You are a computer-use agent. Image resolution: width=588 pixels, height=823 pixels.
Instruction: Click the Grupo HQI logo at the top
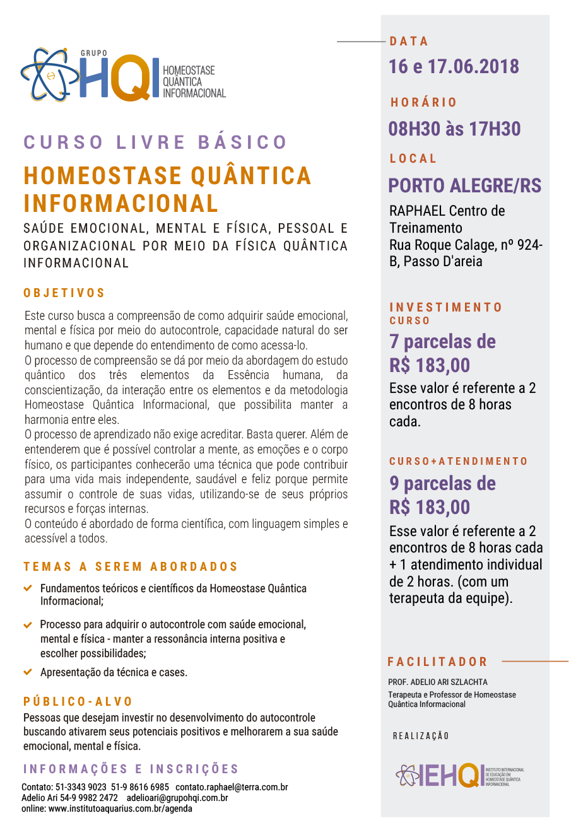coord(123,75)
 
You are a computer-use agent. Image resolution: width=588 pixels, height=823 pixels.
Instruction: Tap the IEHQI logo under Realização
coord(459,775)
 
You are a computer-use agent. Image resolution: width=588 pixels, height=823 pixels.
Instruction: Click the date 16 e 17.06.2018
coord(454,66)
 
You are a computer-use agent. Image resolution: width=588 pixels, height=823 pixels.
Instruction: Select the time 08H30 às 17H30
coord(454,129)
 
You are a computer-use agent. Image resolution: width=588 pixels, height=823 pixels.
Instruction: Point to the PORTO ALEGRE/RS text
coord(465,185)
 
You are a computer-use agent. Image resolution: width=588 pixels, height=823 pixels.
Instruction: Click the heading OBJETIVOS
coord(64,293)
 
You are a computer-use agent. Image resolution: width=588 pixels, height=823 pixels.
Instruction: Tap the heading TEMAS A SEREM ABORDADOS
coord(131,567)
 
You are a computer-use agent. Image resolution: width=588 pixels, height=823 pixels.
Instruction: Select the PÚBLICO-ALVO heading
coord(78,701)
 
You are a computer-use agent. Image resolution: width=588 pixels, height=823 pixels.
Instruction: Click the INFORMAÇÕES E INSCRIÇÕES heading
coord(131,769)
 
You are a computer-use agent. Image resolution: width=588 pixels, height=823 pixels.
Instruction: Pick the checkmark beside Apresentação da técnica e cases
coord(28,672)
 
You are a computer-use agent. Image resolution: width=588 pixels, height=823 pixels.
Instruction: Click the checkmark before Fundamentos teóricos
coord(28,588)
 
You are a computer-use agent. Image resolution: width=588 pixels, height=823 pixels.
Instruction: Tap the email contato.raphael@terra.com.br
coord(232,787)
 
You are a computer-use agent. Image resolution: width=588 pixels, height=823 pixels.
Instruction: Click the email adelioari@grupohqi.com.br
coord(177,798)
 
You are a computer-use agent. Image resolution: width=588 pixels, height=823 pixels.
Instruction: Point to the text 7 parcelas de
coord(442,342)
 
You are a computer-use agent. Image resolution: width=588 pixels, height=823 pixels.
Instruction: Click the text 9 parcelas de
coord(442,484)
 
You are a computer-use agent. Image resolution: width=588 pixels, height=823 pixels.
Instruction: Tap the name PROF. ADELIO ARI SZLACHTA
coord(437,682)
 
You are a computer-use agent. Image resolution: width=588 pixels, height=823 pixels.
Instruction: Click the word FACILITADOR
coord(437,662)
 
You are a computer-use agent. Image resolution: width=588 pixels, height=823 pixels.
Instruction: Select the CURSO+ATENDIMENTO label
coord(458,462)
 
